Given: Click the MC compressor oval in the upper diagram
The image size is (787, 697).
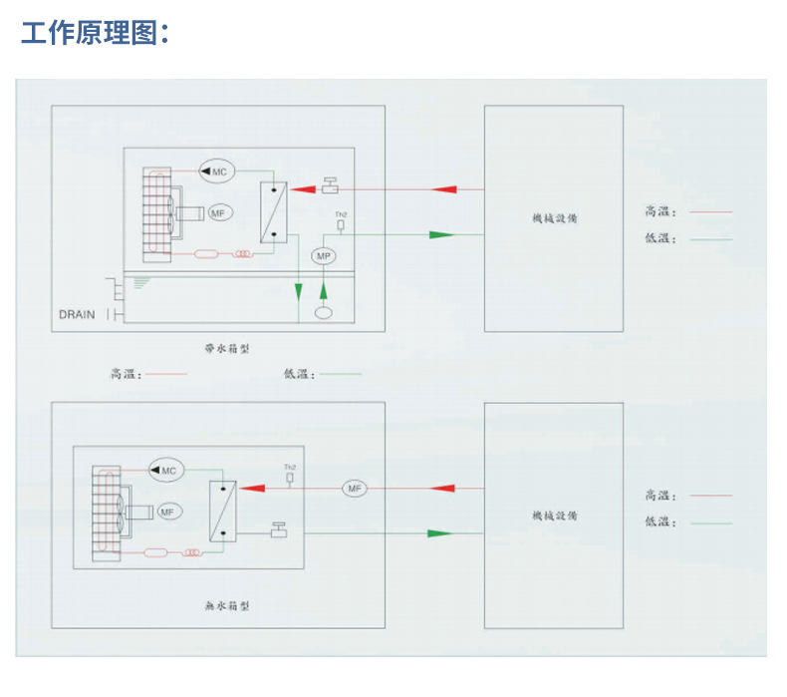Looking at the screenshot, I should [216, 172].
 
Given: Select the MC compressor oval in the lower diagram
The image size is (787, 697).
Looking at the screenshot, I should [164, 470].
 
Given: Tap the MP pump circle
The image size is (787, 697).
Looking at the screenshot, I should [323, 256].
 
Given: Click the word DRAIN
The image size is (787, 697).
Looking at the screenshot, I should [77, 315].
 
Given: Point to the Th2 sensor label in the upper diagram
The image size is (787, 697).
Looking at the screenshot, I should [340, 214].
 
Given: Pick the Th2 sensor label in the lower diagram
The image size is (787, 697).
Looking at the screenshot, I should [290, 467].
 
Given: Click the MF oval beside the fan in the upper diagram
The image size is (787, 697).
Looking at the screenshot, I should [219, 211].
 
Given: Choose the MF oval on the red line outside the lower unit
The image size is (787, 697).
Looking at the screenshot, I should [355, 489].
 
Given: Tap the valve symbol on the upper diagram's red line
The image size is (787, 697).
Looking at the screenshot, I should [330, 186].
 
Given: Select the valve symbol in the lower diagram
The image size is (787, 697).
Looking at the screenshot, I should [279, 529].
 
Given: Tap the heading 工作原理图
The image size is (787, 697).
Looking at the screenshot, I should [96, 33].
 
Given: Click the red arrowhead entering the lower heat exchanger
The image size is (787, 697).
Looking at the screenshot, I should [253, 489].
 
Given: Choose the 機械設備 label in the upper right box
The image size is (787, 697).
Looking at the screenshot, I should [554, 217].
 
